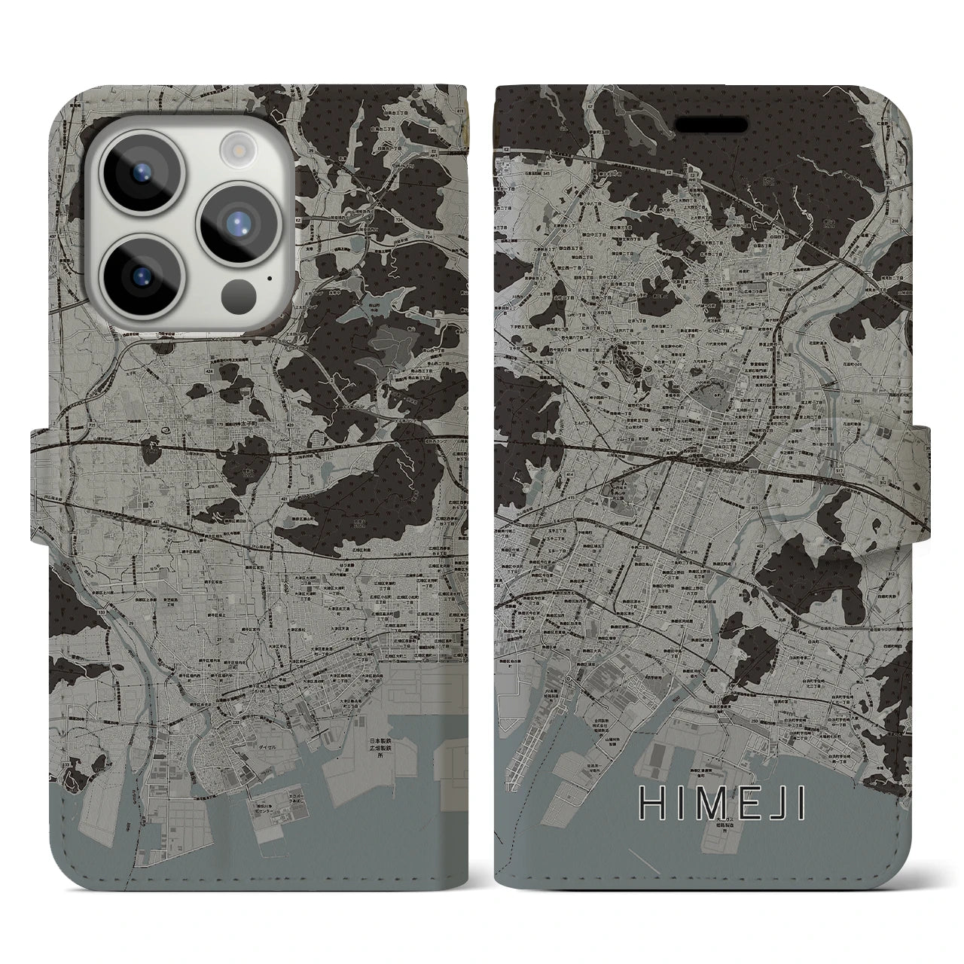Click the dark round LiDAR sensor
tap(239, 291)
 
